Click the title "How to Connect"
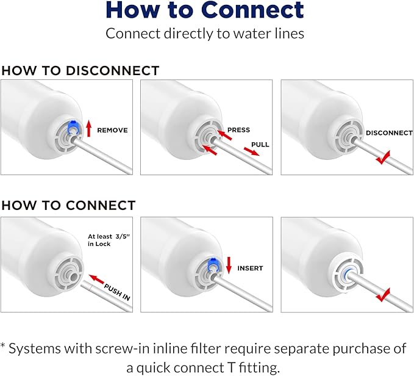(205, 10)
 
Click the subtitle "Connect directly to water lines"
(205, 33)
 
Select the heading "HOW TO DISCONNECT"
(80, 71)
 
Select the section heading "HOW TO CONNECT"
(68, 205)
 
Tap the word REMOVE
(112, 130)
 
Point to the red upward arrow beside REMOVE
(89, 128)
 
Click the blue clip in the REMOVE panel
(74, 126)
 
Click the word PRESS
(239, 130)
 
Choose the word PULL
(260, 145)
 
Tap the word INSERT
(250, 268)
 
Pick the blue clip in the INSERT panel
(213, 264)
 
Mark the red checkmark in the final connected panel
(384, 297)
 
